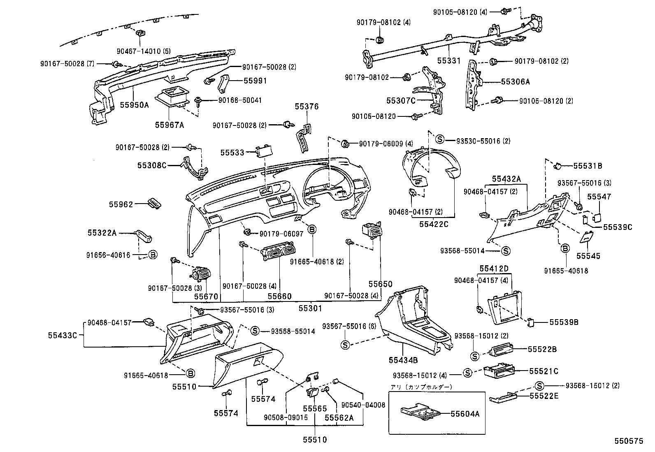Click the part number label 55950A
134,105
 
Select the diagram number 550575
628,441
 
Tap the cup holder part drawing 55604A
420,413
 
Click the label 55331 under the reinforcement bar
448,60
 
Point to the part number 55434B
403,360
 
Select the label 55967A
170,125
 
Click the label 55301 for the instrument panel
310,308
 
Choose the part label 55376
307,107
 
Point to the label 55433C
62,335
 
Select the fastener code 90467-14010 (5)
143,51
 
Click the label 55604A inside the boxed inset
465,414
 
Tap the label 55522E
544,396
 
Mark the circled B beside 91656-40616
153,255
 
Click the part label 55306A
516,81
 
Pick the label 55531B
588,166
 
